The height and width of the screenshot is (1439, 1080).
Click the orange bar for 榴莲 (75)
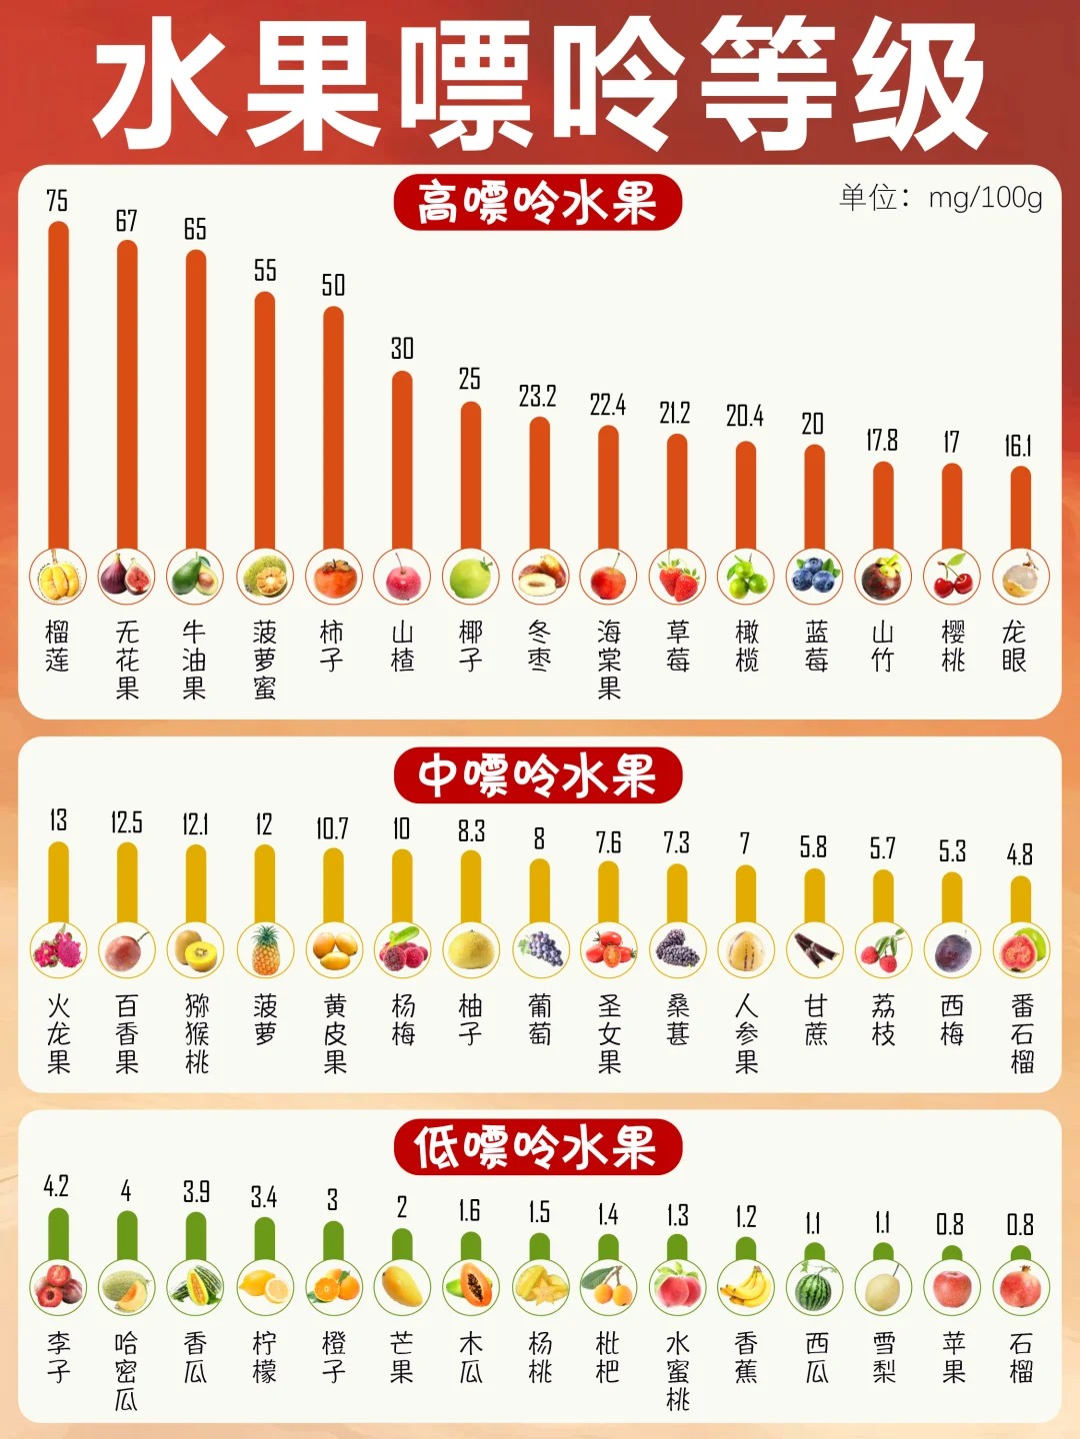point(58,385)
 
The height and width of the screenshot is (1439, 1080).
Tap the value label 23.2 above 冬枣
point(537,397)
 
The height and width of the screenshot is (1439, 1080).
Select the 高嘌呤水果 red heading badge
point(537,203)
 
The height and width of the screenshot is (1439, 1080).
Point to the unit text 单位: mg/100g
point(940,197)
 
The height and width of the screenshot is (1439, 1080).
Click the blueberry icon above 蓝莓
point(815,577)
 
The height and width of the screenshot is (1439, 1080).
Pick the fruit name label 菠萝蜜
point(264,660)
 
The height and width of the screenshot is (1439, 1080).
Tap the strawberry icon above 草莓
point(677,577)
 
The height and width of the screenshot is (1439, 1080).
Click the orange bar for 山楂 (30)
point(402,460)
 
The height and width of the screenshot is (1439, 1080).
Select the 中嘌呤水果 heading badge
point(537,775)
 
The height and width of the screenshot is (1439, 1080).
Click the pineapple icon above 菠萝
point(265,949)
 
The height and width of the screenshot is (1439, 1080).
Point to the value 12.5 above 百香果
point(127,823)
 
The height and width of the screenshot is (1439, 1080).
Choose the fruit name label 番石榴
point(1021,1033)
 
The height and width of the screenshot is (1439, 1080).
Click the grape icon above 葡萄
point(540,949)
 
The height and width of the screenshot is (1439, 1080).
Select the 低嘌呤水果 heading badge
point(537,1147)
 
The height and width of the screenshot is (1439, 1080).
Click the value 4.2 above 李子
point(56,1187)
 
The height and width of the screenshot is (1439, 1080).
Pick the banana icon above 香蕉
point(746,1287)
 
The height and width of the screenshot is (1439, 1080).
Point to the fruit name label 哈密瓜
point(126,1371)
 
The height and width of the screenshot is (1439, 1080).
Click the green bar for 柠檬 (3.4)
point(264,1239)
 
